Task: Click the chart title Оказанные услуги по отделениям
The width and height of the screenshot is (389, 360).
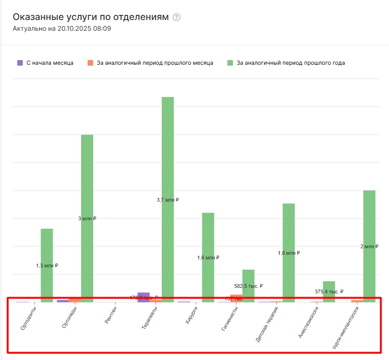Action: click(90, 17)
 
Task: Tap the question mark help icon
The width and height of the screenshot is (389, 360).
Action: click(176, 17)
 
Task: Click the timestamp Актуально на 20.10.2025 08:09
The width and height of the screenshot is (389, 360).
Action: click(61, 29)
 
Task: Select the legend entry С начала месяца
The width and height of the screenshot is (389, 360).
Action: click(45, 63)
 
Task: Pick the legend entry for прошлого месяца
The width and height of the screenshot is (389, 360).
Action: click(150, 63)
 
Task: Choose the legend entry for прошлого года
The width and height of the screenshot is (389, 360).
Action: click(286, 63)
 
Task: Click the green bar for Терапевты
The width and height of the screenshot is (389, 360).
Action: click(168, 149)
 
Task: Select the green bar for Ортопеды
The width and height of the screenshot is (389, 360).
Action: click(87, 186)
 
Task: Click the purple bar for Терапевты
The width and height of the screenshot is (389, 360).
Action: click(143, 297)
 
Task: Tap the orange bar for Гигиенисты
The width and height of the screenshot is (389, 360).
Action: click(236, 298)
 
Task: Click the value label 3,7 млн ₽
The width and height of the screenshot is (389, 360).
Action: click(168, 200)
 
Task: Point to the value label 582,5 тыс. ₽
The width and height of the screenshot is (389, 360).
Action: click(248, 286)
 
